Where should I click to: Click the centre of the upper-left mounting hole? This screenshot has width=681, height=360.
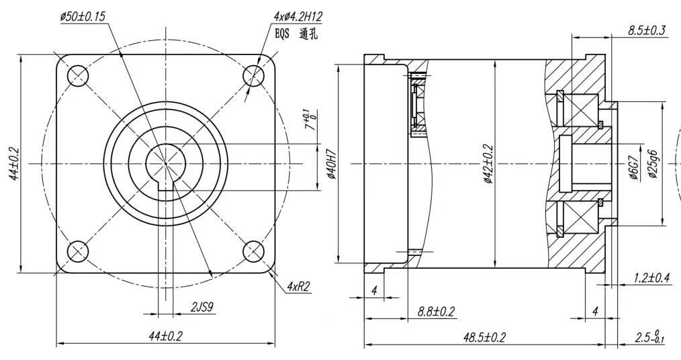pos(79,76)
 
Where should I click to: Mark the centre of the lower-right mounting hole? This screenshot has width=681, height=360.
pos(254,251)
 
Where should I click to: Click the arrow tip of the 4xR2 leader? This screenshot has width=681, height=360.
pos(270,271)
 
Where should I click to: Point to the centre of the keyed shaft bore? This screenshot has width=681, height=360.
pos(165,163)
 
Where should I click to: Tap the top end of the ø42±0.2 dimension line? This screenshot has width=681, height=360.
pos(495,60)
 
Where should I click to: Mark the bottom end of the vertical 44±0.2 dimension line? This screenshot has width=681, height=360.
pos(20,273)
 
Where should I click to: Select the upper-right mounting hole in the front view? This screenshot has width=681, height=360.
pos(254,76)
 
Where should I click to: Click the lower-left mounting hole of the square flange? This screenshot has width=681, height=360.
pos(79,251)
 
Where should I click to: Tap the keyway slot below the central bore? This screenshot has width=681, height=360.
pos(165,187)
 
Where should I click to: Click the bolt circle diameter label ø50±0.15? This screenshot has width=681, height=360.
pos(83,17)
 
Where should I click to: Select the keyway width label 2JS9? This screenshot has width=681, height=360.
pos(202,308)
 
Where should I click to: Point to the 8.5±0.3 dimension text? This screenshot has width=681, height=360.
pos(646,31)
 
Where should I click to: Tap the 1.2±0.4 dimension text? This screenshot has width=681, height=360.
pos(651,278)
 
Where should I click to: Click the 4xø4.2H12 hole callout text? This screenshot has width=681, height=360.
pos(298,17)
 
